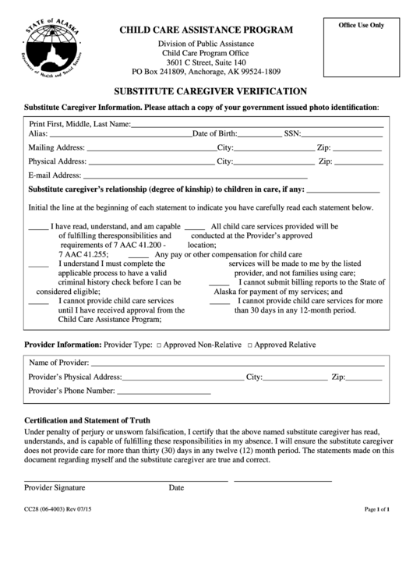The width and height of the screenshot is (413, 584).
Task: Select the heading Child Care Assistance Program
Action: (x=206, y=30)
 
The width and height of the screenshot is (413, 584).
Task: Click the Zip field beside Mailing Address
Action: (x=358, y=148)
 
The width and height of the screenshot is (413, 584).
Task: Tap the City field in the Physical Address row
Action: (x=272, y=162)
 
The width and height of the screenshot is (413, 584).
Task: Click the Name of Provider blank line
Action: (x=237, y=363)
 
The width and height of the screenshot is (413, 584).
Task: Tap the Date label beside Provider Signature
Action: (x=176, y=487)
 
